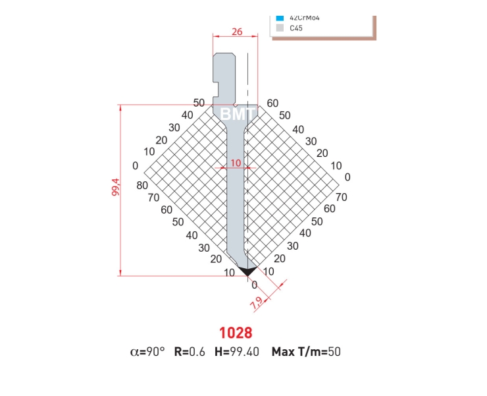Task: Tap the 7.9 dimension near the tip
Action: click(x=256, y=304)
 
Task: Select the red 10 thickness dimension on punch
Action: click(x=236, y=162)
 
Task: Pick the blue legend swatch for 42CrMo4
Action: click(x=280, y=18)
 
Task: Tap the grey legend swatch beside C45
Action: click(x=280, y=28)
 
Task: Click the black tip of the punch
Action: click(x=247, y=271)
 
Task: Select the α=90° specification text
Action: click(x=148, y=352)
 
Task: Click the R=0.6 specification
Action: click(x=190, y=352)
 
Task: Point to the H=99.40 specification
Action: click(x=237, y=352)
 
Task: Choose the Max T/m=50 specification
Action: click(x=306, y=352)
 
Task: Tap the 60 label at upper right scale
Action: click(x=272, y=103)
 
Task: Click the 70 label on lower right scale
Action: click(x=341, y=196)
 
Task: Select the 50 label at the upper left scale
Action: click(x=199, y=103)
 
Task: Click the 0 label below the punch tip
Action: click(x=255, y=285)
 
